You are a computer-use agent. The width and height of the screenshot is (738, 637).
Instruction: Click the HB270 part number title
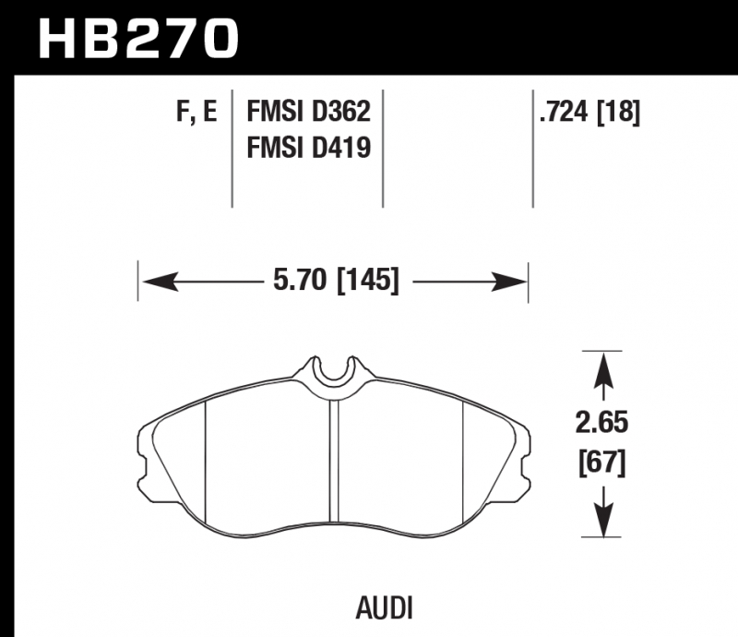pyautogui.click(x=138, y=39)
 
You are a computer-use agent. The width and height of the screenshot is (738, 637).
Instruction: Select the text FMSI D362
pyautogui.click(x=309, y=112)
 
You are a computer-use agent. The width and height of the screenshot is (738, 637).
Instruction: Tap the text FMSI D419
pyautogui.click(x=309, y=147)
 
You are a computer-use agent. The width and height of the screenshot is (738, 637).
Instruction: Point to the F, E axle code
pyautogui.click(x=196, y=113)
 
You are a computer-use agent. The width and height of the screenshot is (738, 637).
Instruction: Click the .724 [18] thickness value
pyautogui.click(x=590, y=113)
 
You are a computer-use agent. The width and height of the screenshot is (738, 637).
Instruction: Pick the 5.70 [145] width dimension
pyautogui.click(x=336, y=281)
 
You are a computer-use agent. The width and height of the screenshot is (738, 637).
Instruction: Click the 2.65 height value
pyautogui.click(x=602, y=422)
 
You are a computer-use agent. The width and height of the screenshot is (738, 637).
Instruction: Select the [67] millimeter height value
pyautogui.click(x=602, y=463)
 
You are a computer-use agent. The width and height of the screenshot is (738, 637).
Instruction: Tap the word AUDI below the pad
pyautogui.click(x=384, y=608)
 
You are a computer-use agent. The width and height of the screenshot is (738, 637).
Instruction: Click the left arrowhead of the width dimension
pyautogui.click(x=161, y=282)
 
